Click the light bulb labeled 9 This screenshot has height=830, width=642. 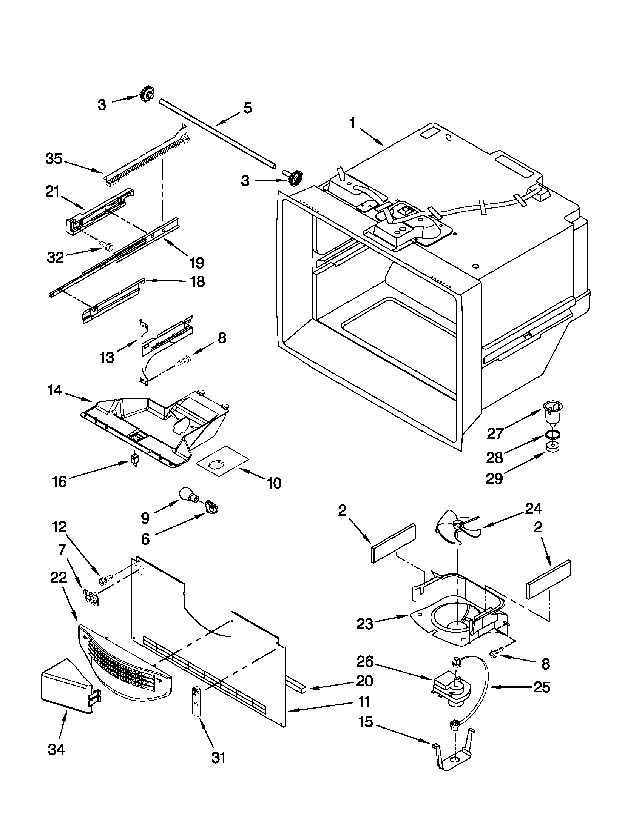[x=189, y=496]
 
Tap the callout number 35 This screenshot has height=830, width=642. [x=54, y=159]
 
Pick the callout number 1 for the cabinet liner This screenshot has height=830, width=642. [x=352, y=123]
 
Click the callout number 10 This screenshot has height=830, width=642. [x=274, y=483]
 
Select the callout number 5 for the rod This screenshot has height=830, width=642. [x=248, y=108]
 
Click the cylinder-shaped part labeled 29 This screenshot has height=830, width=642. [x=552, y=447]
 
